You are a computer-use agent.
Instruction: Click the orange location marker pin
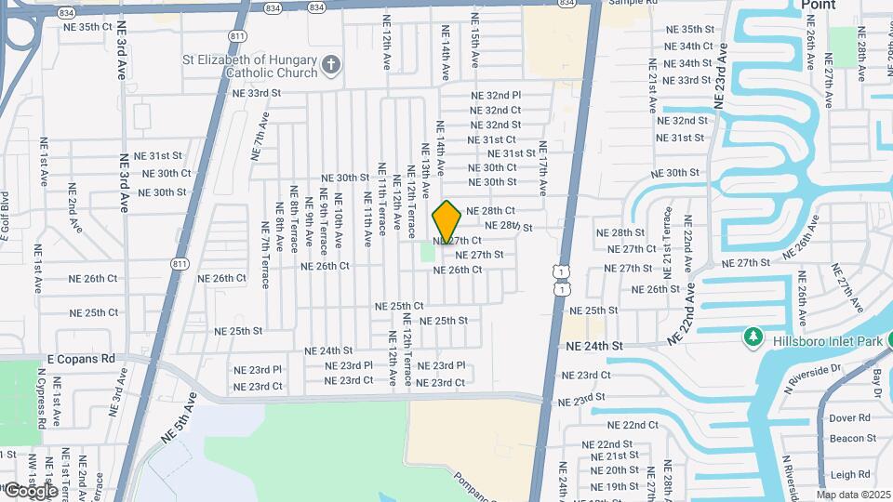coord(447,221)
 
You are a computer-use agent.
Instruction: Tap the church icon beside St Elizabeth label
coord(330,64)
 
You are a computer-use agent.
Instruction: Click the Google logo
coord(31,490)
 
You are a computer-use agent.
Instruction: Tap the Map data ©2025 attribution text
coord(852,495)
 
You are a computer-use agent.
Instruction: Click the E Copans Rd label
coord(81,358)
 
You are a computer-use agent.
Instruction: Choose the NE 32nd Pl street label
coord(496,96)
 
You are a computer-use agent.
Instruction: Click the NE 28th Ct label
coord(490,211)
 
